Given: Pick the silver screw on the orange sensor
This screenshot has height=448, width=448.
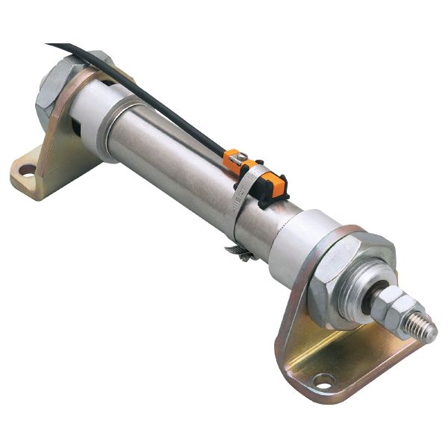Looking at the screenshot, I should pos(237,158).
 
